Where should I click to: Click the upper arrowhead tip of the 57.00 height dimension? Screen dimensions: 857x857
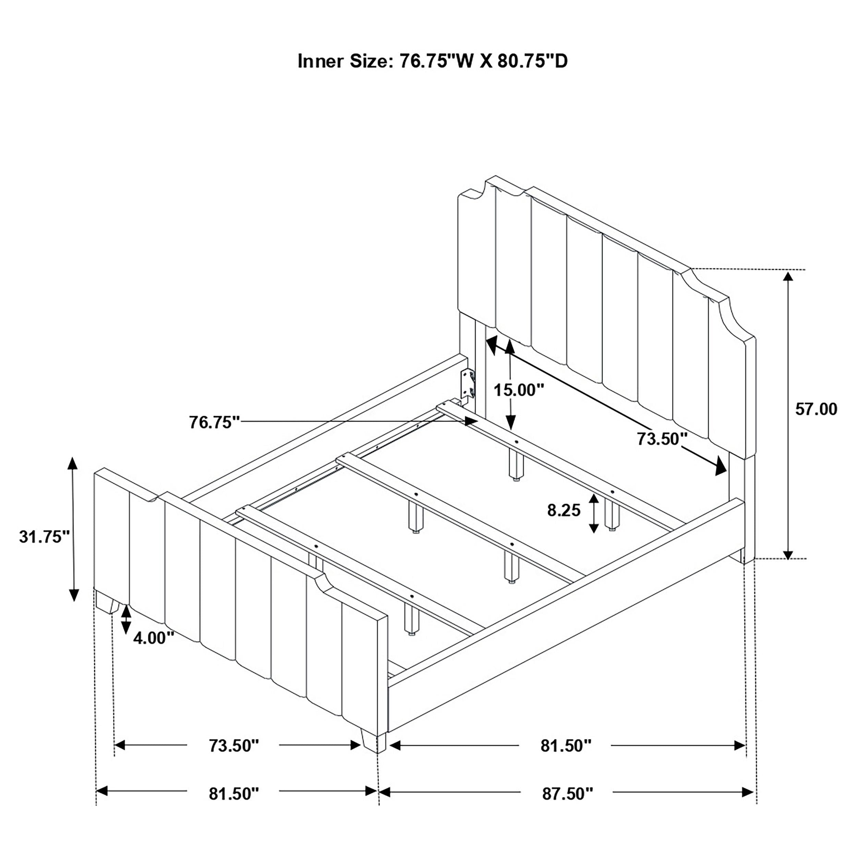(x=788, y=271)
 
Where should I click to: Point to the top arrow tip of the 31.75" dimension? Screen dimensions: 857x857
(x=72, y=457)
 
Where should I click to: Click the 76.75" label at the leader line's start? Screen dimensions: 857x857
(x=215, y=422)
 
